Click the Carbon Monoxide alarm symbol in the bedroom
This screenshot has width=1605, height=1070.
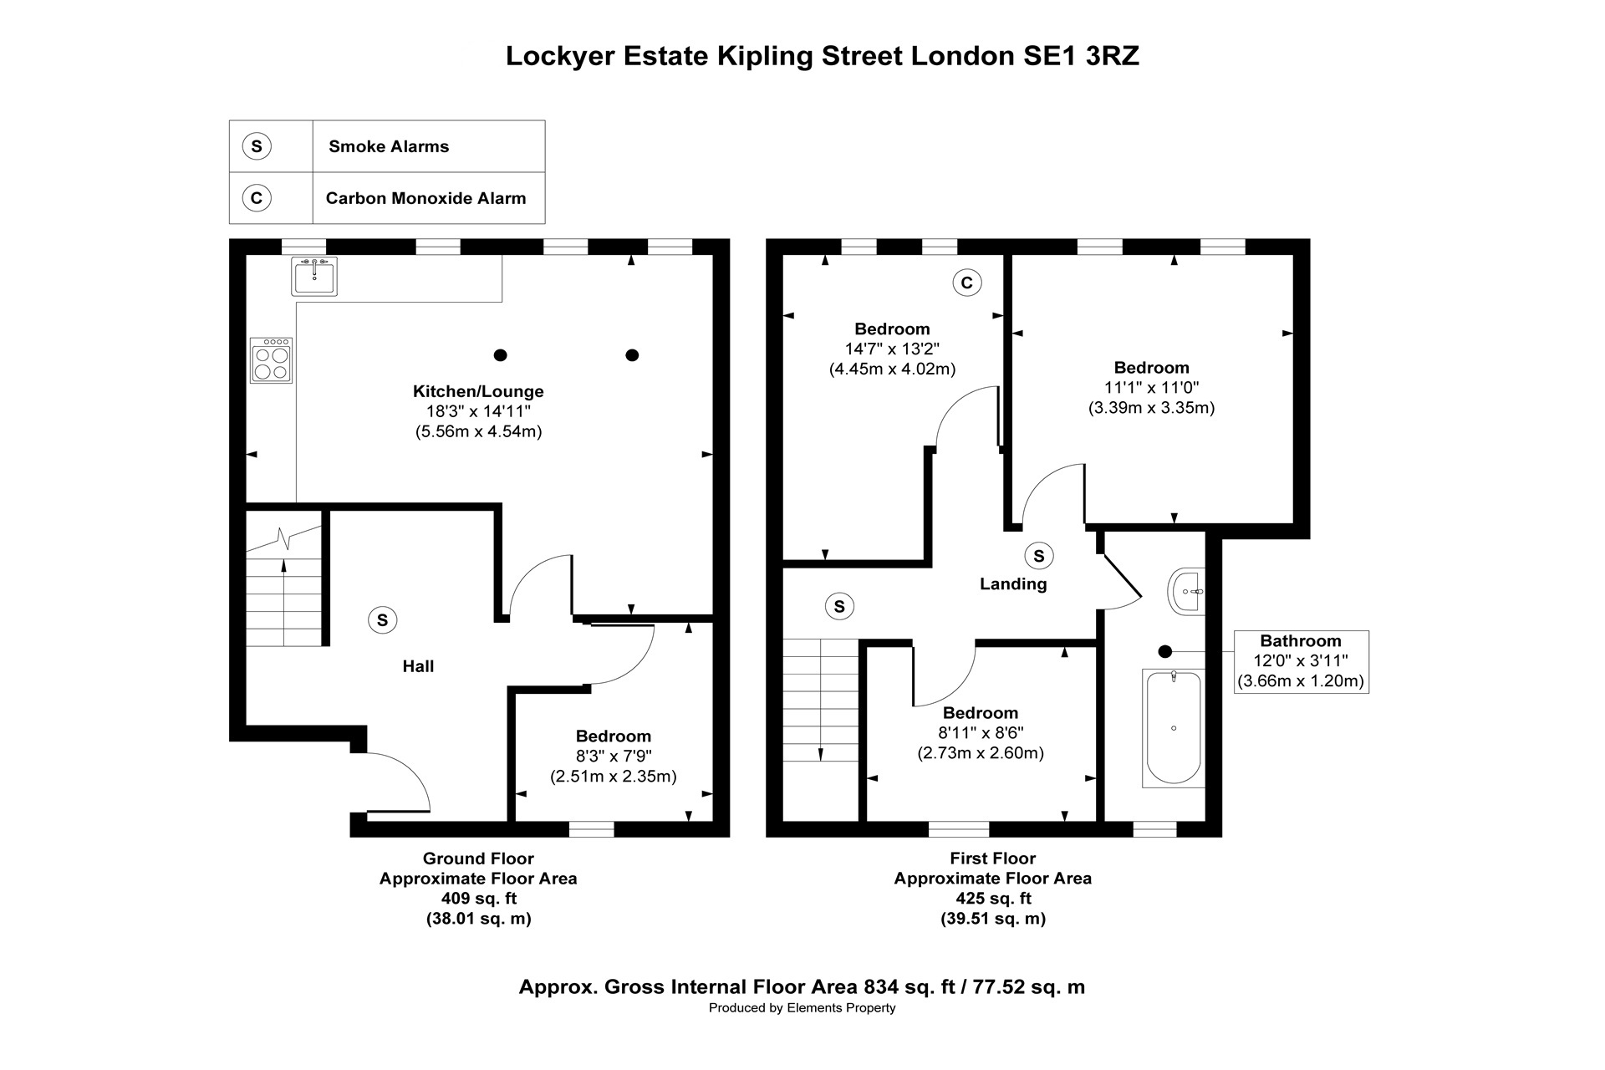967,283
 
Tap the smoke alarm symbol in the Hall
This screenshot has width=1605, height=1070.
383,620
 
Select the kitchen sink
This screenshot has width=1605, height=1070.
314,276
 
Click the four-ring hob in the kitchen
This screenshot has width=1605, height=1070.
271,360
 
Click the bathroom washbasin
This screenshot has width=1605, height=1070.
1186,592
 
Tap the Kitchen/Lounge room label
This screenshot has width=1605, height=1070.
478,391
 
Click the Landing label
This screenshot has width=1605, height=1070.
1013,583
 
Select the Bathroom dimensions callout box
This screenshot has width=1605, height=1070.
1301,661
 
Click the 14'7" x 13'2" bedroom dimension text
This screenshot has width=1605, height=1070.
892,349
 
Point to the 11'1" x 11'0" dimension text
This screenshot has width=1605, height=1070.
1151,388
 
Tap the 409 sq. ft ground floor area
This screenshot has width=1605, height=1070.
479,899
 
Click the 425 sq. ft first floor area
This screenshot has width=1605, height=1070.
993,899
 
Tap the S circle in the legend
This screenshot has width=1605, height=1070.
257,146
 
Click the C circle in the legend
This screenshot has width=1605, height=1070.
257,198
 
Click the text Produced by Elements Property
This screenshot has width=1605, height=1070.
802,1008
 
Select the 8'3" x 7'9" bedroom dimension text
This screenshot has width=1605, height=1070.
614,757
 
